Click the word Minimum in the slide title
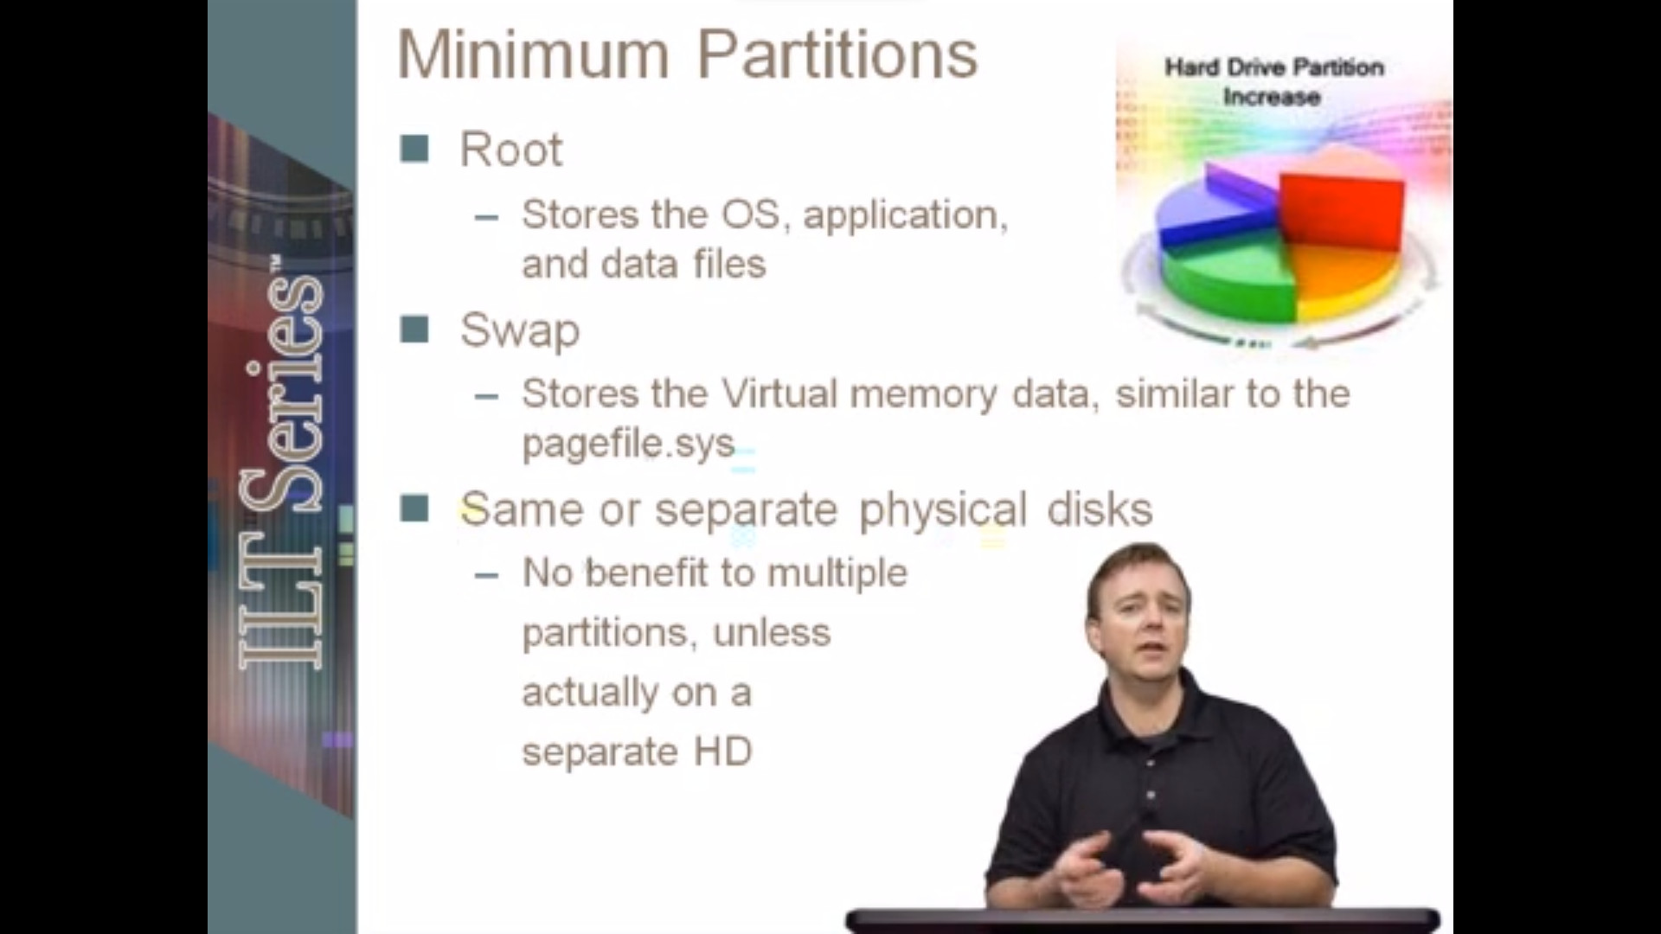[x=534, y=54]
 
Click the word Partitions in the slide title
[x=837, y=54]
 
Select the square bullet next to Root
[x=414, y=149]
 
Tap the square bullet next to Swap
[x=414, y=329]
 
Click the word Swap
[x=520, y=331]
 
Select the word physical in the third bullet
[x=943, y=510]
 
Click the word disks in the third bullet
[x=1100, y=509]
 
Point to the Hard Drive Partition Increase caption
[x=1273, y=81]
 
